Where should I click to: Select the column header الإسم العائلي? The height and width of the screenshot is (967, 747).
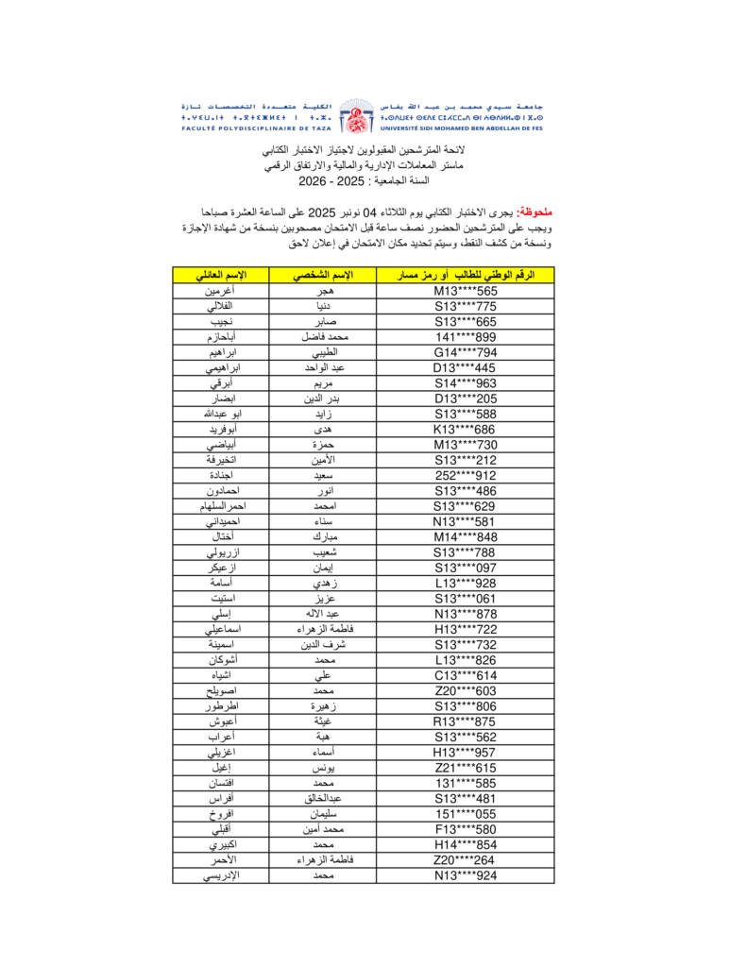(220, 275)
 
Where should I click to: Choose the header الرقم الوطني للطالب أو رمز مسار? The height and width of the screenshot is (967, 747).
(466, 275)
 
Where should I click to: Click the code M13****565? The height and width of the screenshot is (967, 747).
(466, 291)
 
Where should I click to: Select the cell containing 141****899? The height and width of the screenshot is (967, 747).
(466, 337)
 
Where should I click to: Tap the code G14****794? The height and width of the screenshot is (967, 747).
(466, 352)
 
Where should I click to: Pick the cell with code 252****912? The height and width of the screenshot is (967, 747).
(466, 475)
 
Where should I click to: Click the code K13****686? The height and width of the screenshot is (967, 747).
(466, 429)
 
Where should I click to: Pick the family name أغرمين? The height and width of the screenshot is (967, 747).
(220, 291)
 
